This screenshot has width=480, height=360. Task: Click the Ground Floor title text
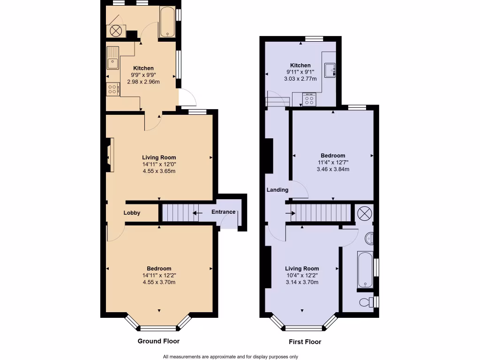(x=158, y=341)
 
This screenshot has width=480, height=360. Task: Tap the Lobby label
(x=132, y=213)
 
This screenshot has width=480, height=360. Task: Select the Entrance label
(x=223, y=212)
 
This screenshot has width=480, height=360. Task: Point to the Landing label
(x=277, y=190)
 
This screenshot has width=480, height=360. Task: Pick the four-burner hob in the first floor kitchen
(x=309, y=99)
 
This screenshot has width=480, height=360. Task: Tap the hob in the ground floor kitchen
(x=112, y=89)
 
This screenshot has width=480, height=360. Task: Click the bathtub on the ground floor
(x=167, y=22)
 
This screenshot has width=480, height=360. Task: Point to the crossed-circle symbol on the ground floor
(x=115, y=31)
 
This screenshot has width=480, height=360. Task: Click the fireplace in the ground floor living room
(x=109, y=154)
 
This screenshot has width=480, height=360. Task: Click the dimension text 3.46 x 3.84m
(x=333, y=169)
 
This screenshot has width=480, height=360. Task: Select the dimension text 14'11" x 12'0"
(x=159, y=165)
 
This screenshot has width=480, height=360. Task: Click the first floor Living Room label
(x=302, y=269)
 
